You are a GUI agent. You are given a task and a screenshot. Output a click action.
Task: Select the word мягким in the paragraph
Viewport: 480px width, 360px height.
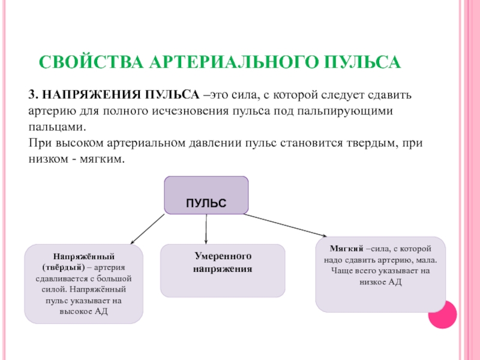[103, 160]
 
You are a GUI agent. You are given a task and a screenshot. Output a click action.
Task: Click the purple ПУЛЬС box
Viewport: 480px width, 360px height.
[206, 195]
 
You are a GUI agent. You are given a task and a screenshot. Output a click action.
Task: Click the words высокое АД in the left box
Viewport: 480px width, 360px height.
[83, 312]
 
